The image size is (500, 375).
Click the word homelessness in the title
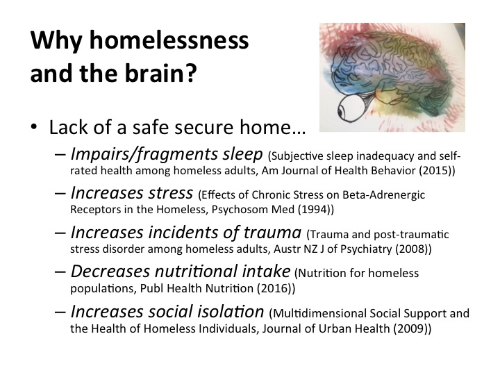169,40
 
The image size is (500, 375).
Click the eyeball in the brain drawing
351,109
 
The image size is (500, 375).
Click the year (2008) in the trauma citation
413,249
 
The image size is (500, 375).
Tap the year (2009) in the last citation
412,328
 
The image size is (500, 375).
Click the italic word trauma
272,233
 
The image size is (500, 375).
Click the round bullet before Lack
34,127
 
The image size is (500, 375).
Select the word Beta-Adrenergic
383,194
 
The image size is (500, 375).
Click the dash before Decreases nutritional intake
60,272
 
